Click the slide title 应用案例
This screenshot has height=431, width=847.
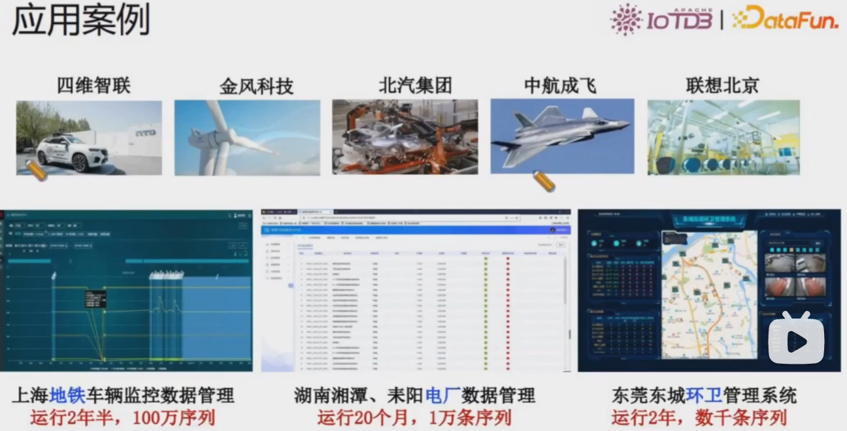point(81,20)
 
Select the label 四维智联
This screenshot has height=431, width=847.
point(94,85)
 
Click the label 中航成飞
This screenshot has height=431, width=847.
point(560,85)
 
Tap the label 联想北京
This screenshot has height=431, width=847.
point(722,85)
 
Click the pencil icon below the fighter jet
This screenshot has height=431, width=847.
point(544,181)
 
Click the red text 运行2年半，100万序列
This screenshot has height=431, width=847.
point(122,417)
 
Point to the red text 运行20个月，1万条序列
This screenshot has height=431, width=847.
point(414,417)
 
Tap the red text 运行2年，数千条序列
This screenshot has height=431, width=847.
point(699,417)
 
